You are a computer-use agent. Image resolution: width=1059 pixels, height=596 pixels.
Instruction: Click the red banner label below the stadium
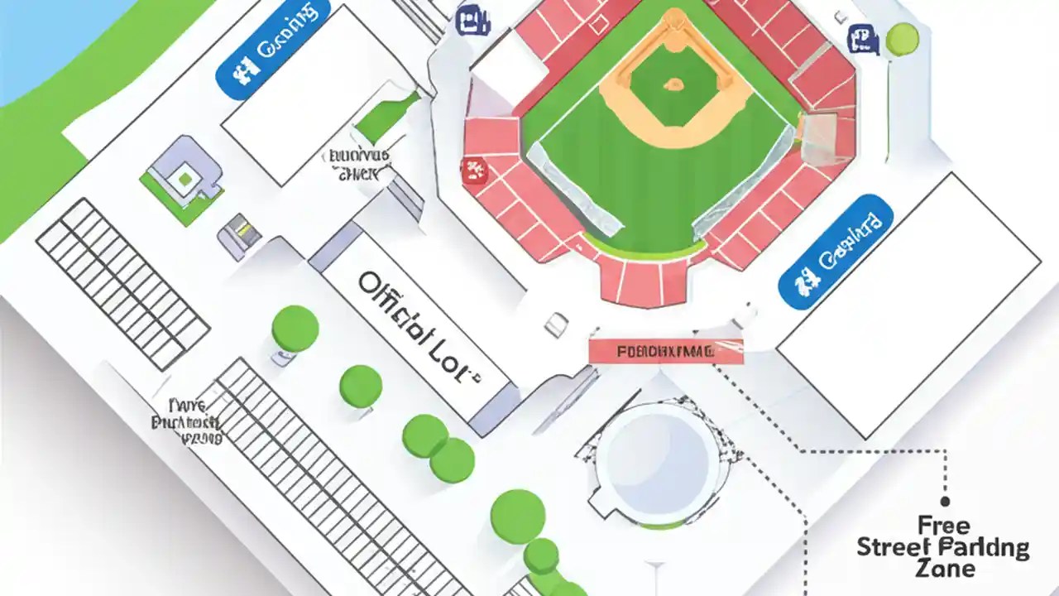[x=665, y=351]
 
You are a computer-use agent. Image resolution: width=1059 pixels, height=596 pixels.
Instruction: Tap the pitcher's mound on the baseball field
[x=674, y=84]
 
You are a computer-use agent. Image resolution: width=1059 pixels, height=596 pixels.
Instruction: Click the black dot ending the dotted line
[x=945, y=501]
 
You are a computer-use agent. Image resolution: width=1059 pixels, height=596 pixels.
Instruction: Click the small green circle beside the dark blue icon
[x=902, y=38]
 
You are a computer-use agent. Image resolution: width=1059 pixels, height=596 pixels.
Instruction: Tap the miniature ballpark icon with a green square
[x=183, y=178]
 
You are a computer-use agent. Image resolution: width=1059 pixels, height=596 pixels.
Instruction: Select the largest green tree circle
[x=518, y=516]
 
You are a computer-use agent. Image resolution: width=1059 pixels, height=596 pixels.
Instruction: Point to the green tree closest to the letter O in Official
[x=295, y=329]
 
